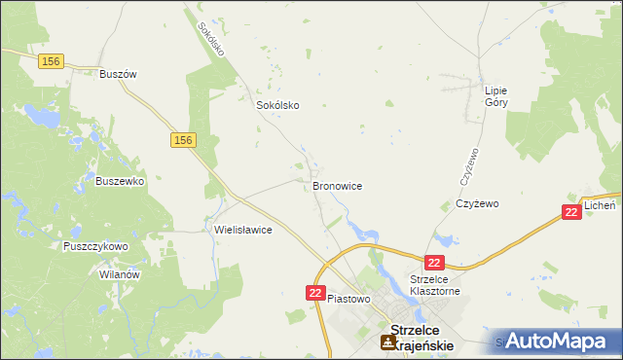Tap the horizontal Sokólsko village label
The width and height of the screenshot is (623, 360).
pos(276,105)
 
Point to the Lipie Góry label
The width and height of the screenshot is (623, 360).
pos(496,96)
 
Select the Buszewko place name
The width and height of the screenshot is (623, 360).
pos(120,180)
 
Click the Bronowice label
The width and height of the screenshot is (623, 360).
pos(338,184)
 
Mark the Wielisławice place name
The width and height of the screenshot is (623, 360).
pos(242,231)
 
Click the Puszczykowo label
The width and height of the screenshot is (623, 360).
pos(95,247)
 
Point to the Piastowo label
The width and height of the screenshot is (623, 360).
pos(349,299)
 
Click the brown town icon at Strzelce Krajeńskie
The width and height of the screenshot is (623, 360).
pos(388,342)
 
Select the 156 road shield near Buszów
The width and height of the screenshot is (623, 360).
pos(51,61)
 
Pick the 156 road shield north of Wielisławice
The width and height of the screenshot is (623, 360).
pos(183,141)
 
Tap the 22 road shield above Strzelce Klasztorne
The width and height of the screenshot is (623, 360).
pos(434,263)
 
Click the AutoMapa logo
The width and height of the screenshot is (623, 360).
pos(560,342)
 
